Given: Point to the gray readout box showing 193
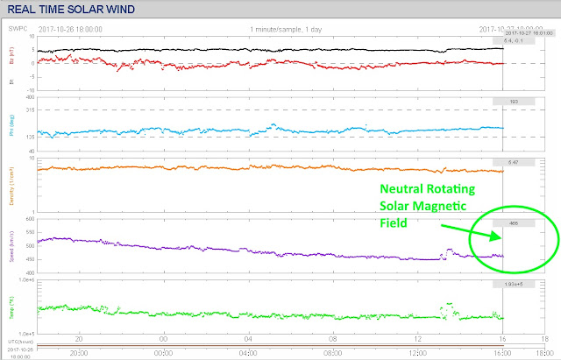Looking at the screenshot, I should pyautogui.click(x=513, y=102).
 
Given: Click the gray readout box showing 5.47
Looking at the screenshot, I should pyautogui.click(x=513, y=163).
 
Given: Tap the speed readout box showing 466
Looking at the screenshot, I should pyautogui.click(x=513, y=223).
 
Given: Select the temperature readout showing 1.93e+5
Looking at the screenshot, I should pyautogui.click(x=513, y=283).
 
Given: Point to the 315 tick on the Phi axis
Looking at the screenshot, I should pyautogui.click(x=30, y=109).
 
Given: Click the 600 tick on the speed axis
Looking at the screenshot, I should pyautogui.click(x=30, y=218).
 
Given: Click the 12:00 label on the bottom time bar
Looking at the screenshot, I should pyautogui.click(x=416, y=354).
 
